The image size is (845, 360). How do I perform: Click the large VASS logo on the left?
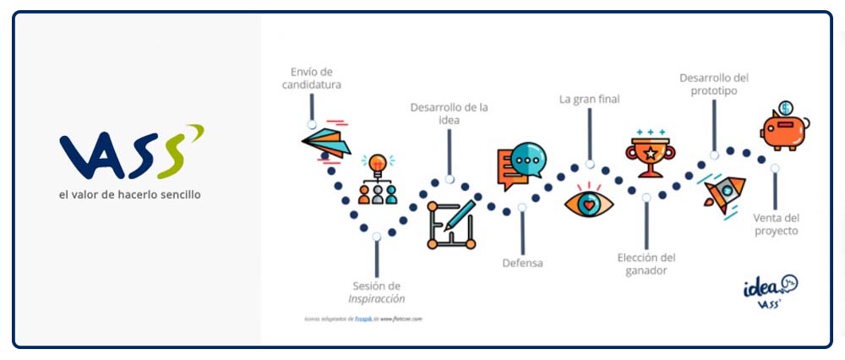131,151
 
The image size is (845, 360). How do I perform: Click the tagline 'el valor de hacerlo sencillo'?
130,194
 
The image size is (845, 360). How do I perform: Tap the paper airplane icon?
325,139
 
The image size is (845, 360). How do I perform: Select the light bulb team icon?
378,179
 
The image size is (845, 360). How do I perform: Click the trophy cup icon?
648,154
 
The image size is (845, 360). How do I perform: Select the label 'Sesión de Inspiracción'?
376,292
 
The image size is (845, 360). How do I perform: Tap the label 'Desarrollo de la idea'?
449,113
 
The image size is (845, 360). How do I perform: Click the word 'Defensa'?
522,263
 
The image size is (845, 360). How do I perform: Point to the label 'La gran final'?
589,99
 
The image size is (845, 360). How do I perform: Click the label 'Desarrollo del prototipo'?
714,84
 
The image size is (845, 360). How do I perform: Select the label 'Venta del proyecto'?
775,224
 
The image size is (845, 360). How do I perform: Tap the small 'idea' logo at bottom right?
770,291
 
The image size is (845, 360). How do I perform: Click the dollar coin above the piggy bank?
785,107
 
